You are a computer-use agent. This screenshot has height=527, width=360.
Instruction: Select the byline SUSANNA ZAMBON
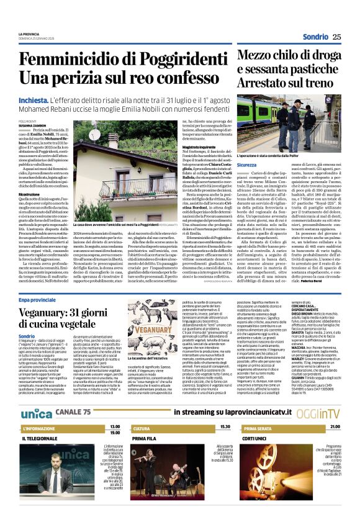[x=32, y=125]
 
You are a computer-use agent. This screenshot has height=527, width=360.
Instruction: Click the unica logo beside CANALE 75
[x=36, y=395]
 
